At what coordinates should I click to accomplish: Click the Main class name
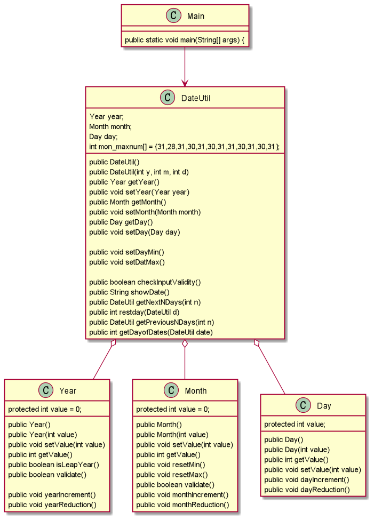click(x=195, y=16)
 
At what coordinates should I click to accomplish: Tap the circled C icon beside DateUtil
click(x=168, y=98)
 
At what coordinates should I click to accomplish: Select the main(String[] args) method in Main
click(x=185, y=39)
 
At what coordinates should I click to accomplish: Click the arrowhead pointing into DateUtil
click(x=185, y=83)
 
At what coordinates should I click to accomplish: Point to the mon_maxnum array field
click(x=184, y=146)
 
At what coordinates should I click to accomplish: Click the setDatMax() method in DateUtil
click(x=127, y=262)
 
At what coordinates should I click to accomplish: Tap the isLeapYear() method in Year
click(x=54, y=465)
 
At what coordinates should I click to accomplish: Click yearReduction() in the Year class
click(x=52, y=505)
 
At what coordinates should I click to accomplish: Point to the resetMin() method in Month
click(x=165, y=465)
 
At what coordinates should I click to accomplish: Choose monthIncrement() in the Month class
click(x=182, y=495)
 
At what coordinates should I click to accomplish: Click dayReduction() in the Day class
click(x=307, y=490)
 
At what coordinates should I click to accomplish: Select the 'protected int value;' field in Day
click(x=295, y=424)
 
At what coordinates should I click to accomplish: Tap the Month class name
click(x=196, y=391)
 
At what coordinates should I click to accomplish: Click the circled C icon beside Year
click(x=46, y=390)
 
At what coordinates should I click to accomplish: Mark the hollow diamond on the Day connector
click(x=257, y=343)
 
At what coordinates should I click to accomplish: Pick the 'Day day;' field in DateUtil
click(x=104, y=137)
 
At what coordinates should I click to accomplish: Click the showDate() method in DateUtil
click(x=129, y=292)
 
